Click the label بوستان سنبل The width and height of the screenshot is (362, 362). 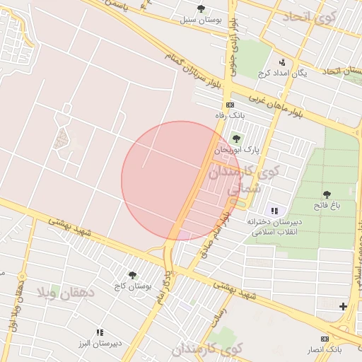tap(200, 20)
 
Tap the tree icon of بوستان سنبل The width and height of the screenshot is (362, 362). tap(201, 8)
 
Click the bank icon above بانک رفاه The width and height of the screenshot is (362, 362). tap(229, 105)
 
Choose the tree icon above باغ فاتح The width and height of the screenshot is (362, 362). tap(327, 194)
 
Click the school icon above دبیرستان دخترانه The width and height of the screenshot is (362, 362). tap(274, 211)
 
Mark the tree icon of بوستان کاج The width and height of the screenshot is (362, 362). tap(132, 275)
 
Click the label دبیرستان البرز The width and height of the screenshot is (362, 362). tap(100, 344)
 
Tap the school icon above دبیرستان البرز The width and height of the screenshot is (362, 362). tap(100, 332)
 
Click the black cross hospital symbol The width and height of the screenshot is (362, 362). tap(343, 306)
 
